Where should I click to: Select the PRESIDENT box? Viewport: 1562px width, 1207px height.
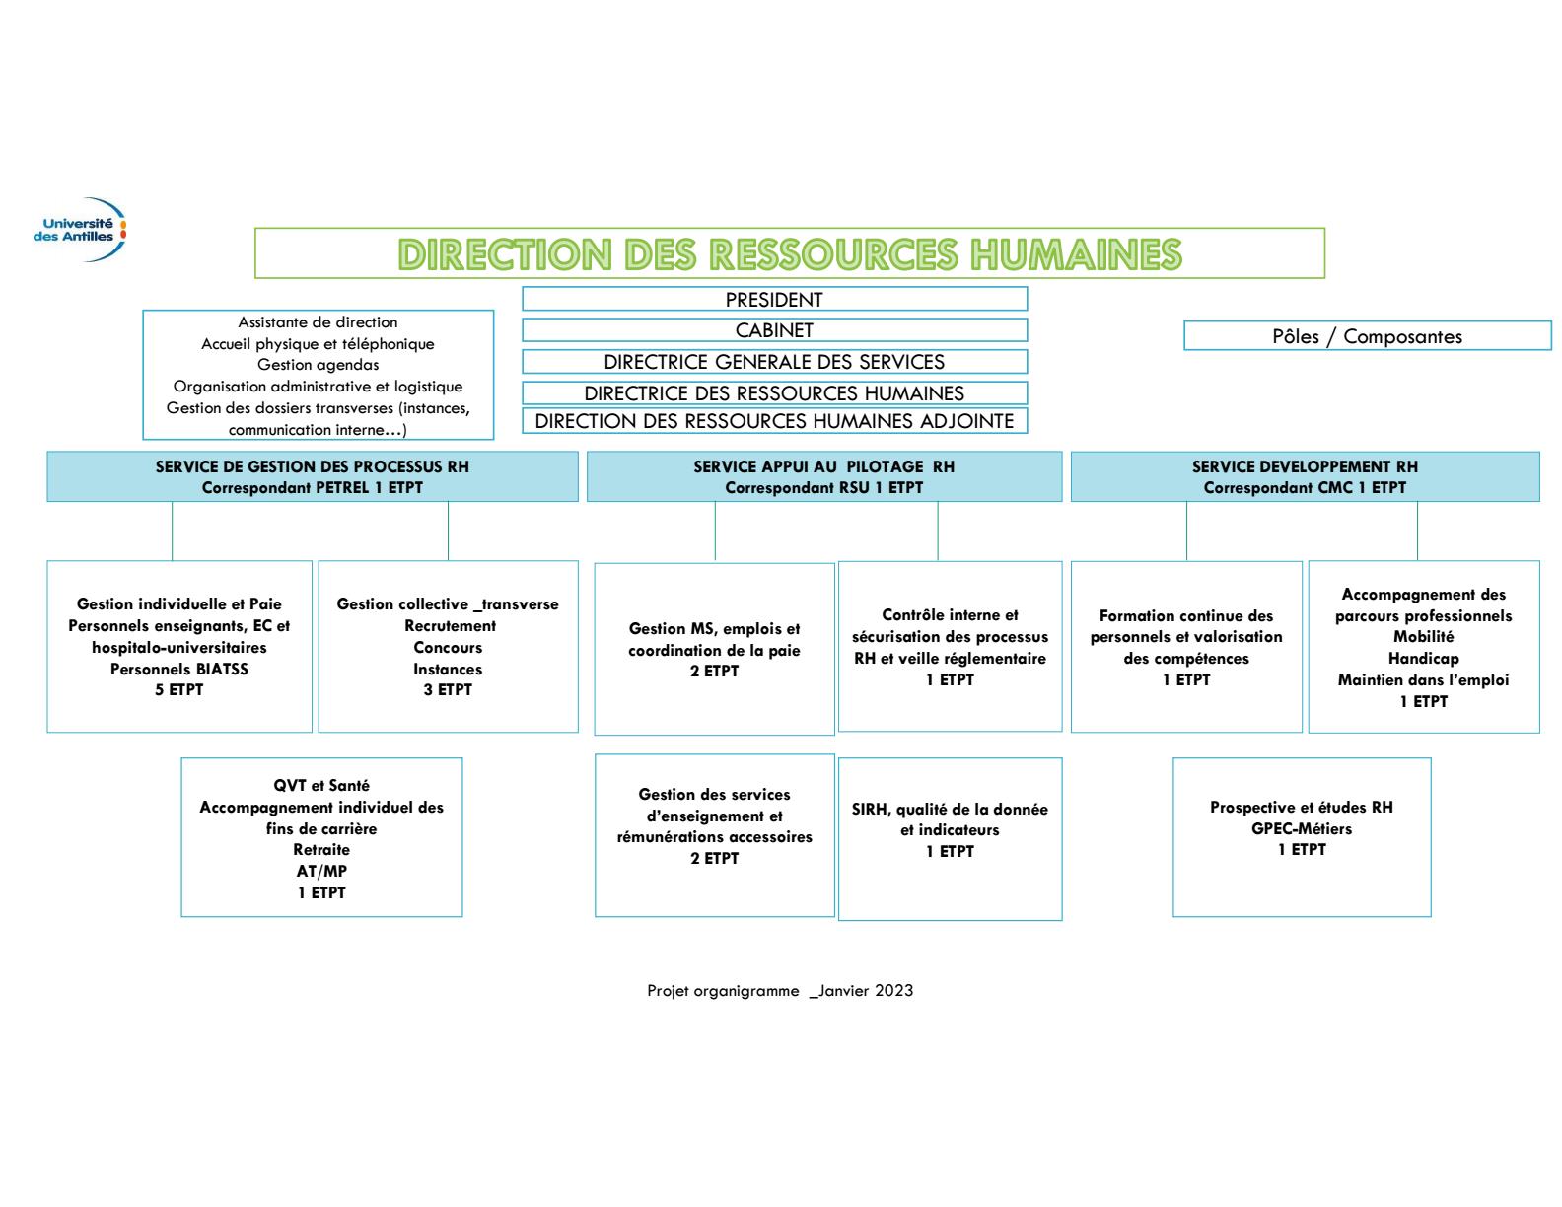click(774, 299)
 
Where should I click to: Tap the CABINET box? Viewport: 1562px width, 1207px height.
click(774, 330)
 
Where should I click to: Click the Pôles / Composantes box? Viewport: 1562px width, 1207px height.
click(1367, 336)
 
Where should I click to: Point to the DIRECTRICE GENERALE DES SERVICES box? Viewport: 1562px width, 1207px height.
click(774, 362)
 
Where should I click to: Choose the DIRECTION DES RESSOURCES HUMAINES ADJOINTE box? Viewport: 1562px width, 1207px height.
click(774, 421)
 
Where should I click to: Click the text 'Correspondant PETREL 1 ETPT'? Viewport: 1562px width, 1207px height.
click(313, 487)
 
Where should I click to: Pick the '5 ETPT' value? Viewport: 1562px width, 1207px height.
click(179, 690)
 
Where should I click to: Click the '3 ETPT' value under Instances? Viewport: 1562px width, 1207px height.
click(448, 690)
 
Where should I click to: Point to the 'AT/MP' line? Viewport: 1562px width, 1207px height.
click(321, 871)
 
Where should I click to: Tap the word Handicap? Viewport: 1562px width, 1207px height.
click(1423, 659)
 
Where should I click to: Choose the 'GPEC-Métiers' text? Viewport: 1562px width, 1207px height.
click(1302, 828)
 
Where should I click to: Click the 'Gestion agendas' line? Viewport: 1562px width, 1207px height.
click(319, 365)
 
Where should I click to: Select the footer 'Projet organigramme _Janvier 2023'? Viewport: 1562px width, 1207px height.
click(780, 991)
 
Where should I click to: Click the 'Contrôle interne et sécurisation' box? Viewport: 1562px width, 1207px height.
click(950, 646)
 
